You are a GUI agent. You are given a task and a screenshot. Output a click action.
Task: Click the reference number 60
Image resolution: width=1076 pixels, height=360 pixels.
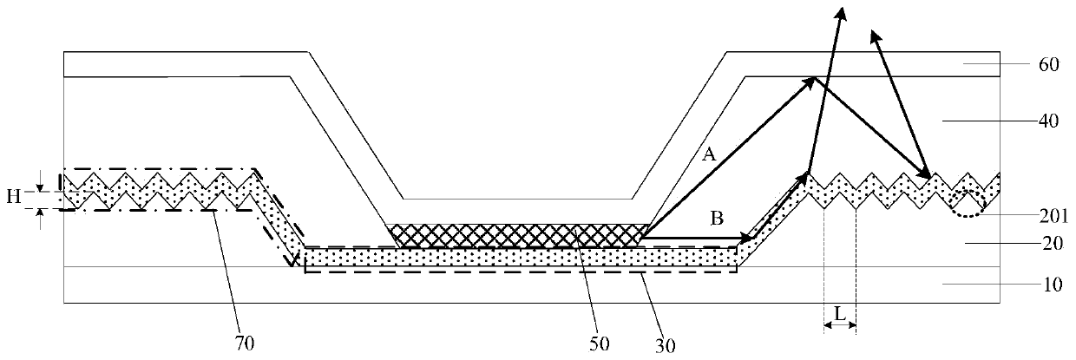(1048, 66)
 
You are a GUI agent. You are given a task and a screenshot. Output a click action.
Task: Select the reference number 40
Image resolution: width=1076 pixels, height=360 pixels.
(1048, 122)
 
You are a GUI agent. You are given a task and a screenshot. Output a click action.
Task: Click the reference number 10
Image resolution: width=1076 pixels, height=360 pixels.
(1048, 284)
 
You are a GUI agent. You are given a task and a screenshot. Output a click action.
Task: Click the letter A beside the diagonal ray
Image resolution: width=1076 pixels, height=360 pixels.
(709, 155)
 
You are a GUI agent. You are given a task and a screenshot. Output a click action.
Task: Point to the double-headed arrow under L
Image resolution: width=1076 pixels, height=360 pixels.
(839, 326)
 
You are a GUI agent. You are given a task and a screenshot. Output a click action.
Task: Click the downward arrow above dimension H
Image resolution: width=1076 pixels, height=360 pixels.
(40, 179)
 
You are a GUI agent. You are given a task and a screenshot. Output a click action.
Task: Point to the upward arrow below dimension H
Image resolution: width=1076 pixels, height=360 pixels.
(40, 218)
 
